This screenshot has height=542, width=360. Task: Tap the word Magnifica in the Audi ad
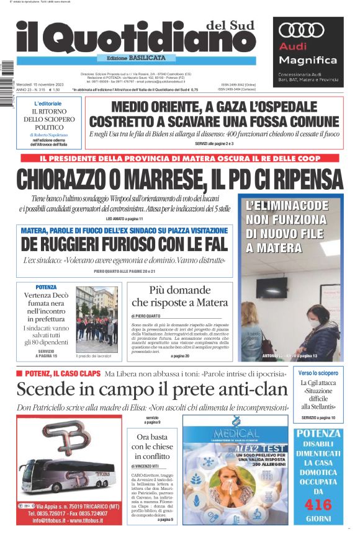click(308, 60)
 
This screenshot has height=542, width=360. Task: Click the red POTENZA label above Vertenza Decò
click(46, 287)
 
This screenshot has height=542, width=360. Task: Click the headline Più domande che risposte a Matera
click(179, 296)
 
